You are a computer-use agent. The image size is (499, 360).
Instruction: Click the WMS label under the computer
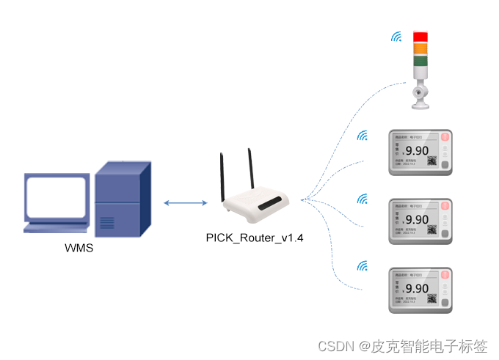(x=79, y=248)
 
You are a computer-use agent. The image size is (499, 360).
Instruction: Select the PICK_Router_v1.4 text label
(x=255, y=238)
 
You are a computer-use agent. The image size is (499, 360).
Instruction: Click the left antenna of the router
(x=222, y=177)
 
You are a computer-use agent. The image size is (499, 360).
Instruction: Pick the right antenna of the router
(x=250, y=169)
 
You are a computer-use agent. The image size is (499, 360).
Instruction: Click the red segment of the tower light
(x=420, y=37)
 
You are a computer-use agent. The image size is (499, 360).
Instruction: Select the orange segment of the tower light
(x=420, y=48)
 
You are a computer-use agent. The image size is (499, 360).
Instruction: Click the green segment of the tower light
(x=420, y=61)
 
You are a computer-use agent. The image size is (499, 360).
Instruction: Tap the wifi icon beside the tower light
(x=396, y=37)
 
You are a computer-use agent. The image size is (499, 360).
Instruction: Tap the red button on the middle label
(x=445, y=206)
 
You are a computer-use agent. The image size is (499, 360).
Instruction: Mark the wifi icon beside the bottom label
(x=362, y=266)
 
